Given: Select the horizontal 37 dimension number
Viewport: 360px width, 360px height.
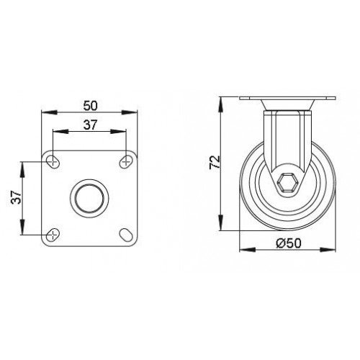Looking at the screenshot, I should coord(90,125).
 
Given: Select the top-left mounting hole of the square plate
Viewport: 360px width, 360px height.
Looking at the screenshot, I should coord(54,160).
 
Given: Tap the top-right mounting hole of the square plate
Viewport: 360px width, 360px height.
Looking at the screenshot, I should coord(126,160).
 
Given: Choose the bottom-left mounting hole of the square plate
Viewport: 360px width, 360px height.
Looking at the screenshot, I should coord(54,233).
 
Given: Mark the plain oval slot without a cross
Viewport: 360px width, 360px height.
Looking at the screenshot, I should coord(126,233).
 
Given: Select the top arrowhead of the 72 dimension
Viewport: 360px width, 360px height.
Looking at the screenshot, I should coord(222,101).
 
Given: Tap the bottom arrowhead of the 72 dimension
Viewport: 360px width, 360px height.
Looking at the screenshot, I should coord(222,227).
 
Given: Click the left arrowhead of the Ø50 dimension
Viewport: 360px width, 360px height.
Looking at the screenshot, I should coord(242,250).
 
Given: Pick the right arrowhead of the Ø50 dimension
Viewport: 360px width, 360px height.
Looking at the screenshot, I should coord(333,250).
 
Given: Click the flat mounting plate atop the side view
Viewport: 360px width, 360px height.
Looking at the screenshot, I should coord(288,101).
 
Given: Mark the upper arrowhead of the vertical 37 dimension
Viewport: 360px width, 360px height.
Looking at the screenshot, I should coord(24,164).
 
